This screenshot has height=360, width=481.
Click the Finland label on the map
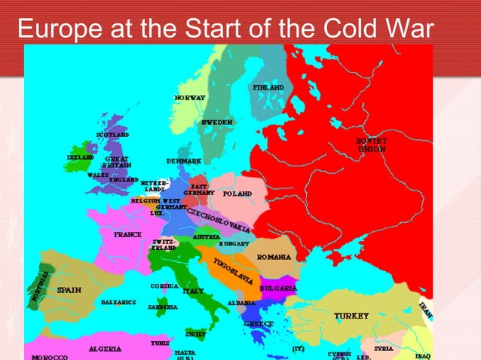[x=268, y=87]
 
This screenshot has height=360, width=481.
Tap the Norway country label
[x=190, y=99]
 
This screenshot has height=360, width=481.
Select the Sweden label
[x=217, y=122]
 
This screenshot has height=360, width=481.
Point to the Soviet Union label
[x=372, y=145]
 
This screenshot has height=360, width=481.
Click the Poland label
[x=237, y=194]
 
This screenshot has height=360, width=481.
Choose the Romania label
[x=274, y=257]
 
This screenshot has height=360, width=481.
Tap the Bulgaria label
[x=278, y=288]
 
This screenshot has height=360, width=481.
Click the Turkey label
[x=351, y=315]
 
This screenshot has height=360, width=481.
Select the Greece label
[x=258, y=324]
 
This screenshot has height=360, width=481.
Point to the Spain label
[x=69, y=289]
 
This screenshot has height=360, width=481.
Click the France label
[x=128, y=234]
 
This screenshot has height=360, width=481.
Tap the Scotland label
[x=112, y=135]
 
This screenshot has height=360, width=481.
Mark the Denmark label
[x=183, y=161]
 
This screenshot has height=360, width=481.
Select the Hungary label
[x=234, y=244]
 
